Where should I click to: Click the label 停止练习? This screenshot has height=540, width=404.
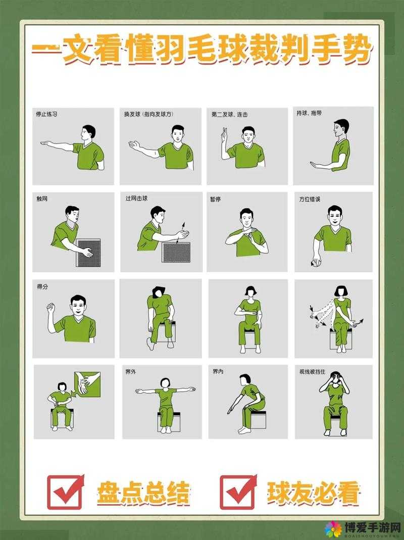click(46, 114)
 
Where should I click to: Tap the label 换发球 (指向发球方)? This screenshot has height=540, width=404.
click(149, 114)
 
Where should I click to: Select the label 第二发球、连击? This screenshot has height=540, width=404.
click(229, 114)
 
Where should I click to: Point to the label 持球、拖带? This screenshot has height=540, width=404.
click(309, 113)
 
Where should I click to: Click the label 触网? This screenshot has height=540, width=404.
click(42, 199)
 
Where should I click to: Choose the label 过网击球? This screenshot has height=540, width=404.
click(136, 199)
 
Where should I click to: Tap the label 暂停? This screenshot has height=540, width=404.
click(216, 199)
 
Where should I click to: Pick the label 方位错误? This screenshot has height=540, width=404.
click(310, 199)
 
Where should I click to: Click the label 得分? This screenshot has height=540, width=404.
click(42, 286)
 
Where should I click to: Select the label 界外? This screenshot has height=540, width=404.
click(130, 372)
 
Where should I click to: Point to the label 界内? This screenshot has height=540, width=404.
click(218, 372)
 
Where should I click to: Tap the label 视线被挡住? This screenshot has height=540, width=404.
click(312, 372)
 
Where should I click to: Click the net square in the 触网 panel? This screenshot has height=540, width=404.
click(88, 253)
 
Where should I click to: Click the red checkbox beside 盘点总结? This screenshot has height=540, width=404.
click(65, 493)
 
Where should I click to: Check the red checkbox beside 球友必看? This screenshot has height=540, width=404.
click(238, 493)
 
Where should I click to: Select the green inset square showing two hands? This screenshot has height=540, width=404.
click(87, 385)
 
